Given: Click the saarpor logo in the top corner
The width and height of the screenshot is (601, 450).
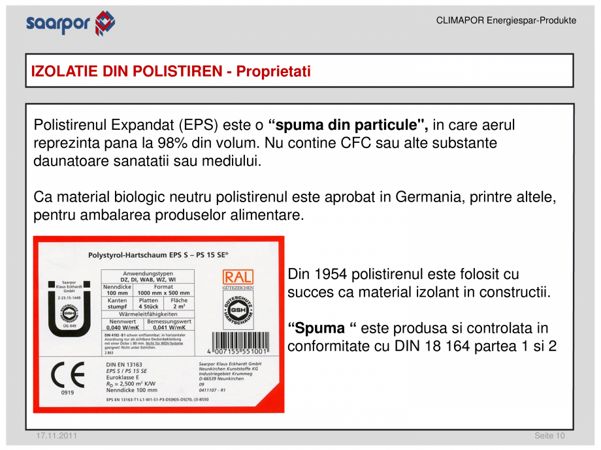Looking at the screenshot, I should pyautogui.click(x=71, y=23).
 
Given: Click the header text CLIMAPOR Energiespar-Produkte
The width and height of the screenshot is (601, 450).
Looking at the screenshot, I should pyautogui.click(x=506, y=20).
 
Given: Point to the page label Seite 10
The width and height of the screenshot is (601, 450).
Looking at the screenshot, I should pyautogui.click(x=549, y=436).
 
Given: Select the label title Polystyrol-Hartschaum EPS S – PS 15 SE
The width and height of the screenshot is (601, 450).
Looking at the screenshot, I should pyautogui.click(x=157, y=256).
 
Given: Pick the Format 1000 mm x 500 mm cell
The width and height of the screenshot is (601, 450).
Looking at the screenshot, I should pyautogui.click(x=163, y=290).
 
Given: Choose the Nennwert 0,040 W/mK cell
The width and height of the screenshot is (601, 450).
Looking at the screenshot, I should pyautogui.click(x=122, y=325).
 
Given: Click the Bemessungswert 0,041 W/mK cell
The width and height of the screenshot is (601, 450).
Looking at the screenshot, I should pyautogui.click(x=169, y=325).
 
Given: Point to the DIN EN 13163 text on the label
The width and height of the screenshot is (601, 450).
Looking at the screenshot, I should pyautogui.click(x=124, y=364).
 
